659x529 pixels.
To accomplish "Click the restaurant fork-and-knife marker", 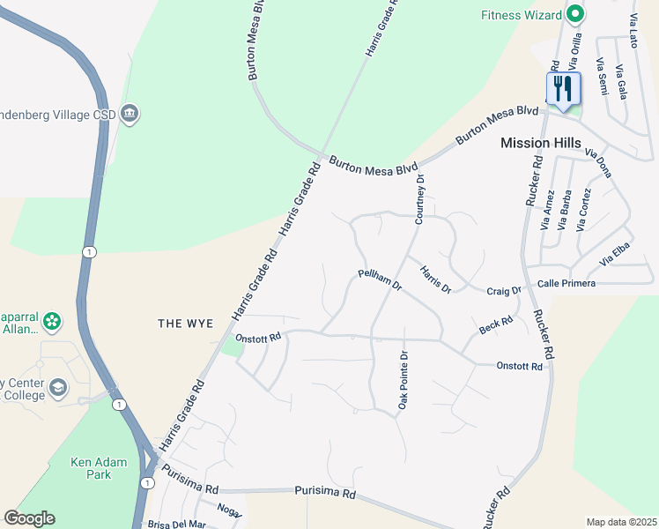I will [562, 88].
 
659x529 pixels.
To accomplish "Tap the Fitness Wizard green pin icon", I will [575, 14].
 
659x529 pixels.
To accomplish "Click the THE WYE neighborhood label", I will [185, 324].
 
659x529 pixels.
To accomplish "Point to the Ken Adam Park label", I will [98, 468].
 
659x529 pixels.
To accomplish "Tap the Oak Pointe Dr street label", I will [404, 379].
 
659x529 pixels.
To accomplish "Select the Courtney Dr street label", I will [420, 198].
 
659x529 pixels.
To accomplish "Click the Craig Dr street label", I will [504, 290].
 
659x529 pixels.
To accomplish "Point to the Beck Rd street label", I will [496, 326].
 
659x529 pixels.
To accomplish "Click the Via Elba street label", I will [617, 256].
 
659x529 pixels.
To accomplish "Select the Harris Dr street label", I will [435, 279].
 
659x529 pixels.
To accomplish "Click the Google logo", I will [29, 518].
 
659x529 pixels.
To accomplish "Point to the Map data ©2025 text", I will [621, 522].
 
